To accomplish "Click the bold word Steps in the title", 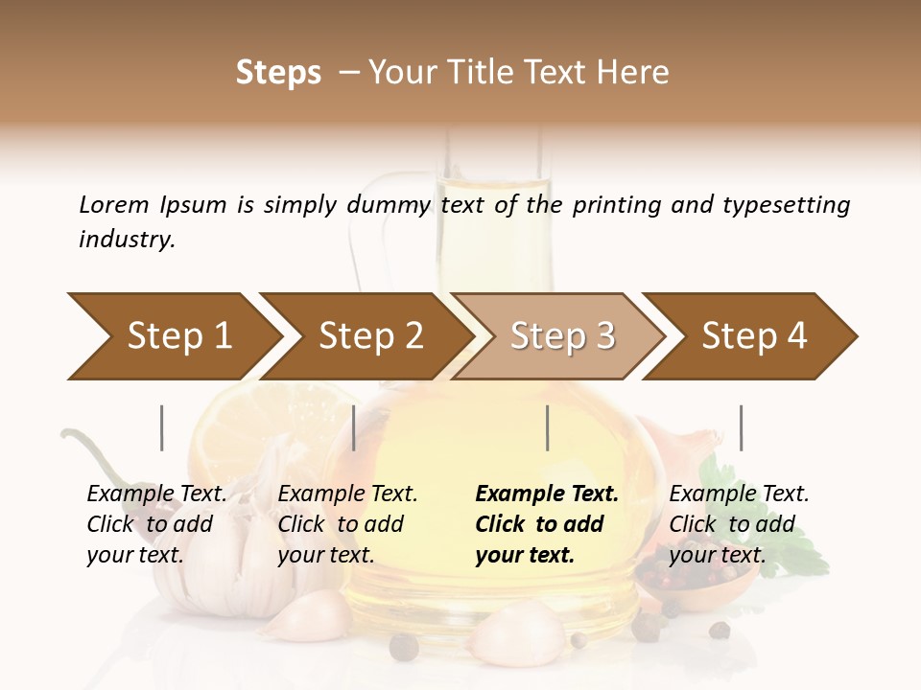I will [x=278, y=73].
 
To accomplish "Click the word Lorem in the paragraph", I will [x=113, y=204].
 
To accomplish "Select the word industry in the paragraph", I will [x=127, y=240].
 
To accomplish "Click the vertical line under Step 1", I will [x=162, y=427].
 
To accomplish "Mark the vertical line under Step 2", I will [x=354, y=427].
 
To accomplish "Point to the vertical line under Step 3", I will [x=547, y=427].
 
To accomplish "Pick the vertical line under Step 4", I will [x=741, y=427].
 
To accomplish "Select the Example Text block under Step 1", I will [x=156, y=524].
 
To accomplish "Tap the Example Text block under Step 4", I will [x=739, y=524].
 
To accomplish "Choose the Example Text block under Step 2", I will [x=347, y=524].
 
